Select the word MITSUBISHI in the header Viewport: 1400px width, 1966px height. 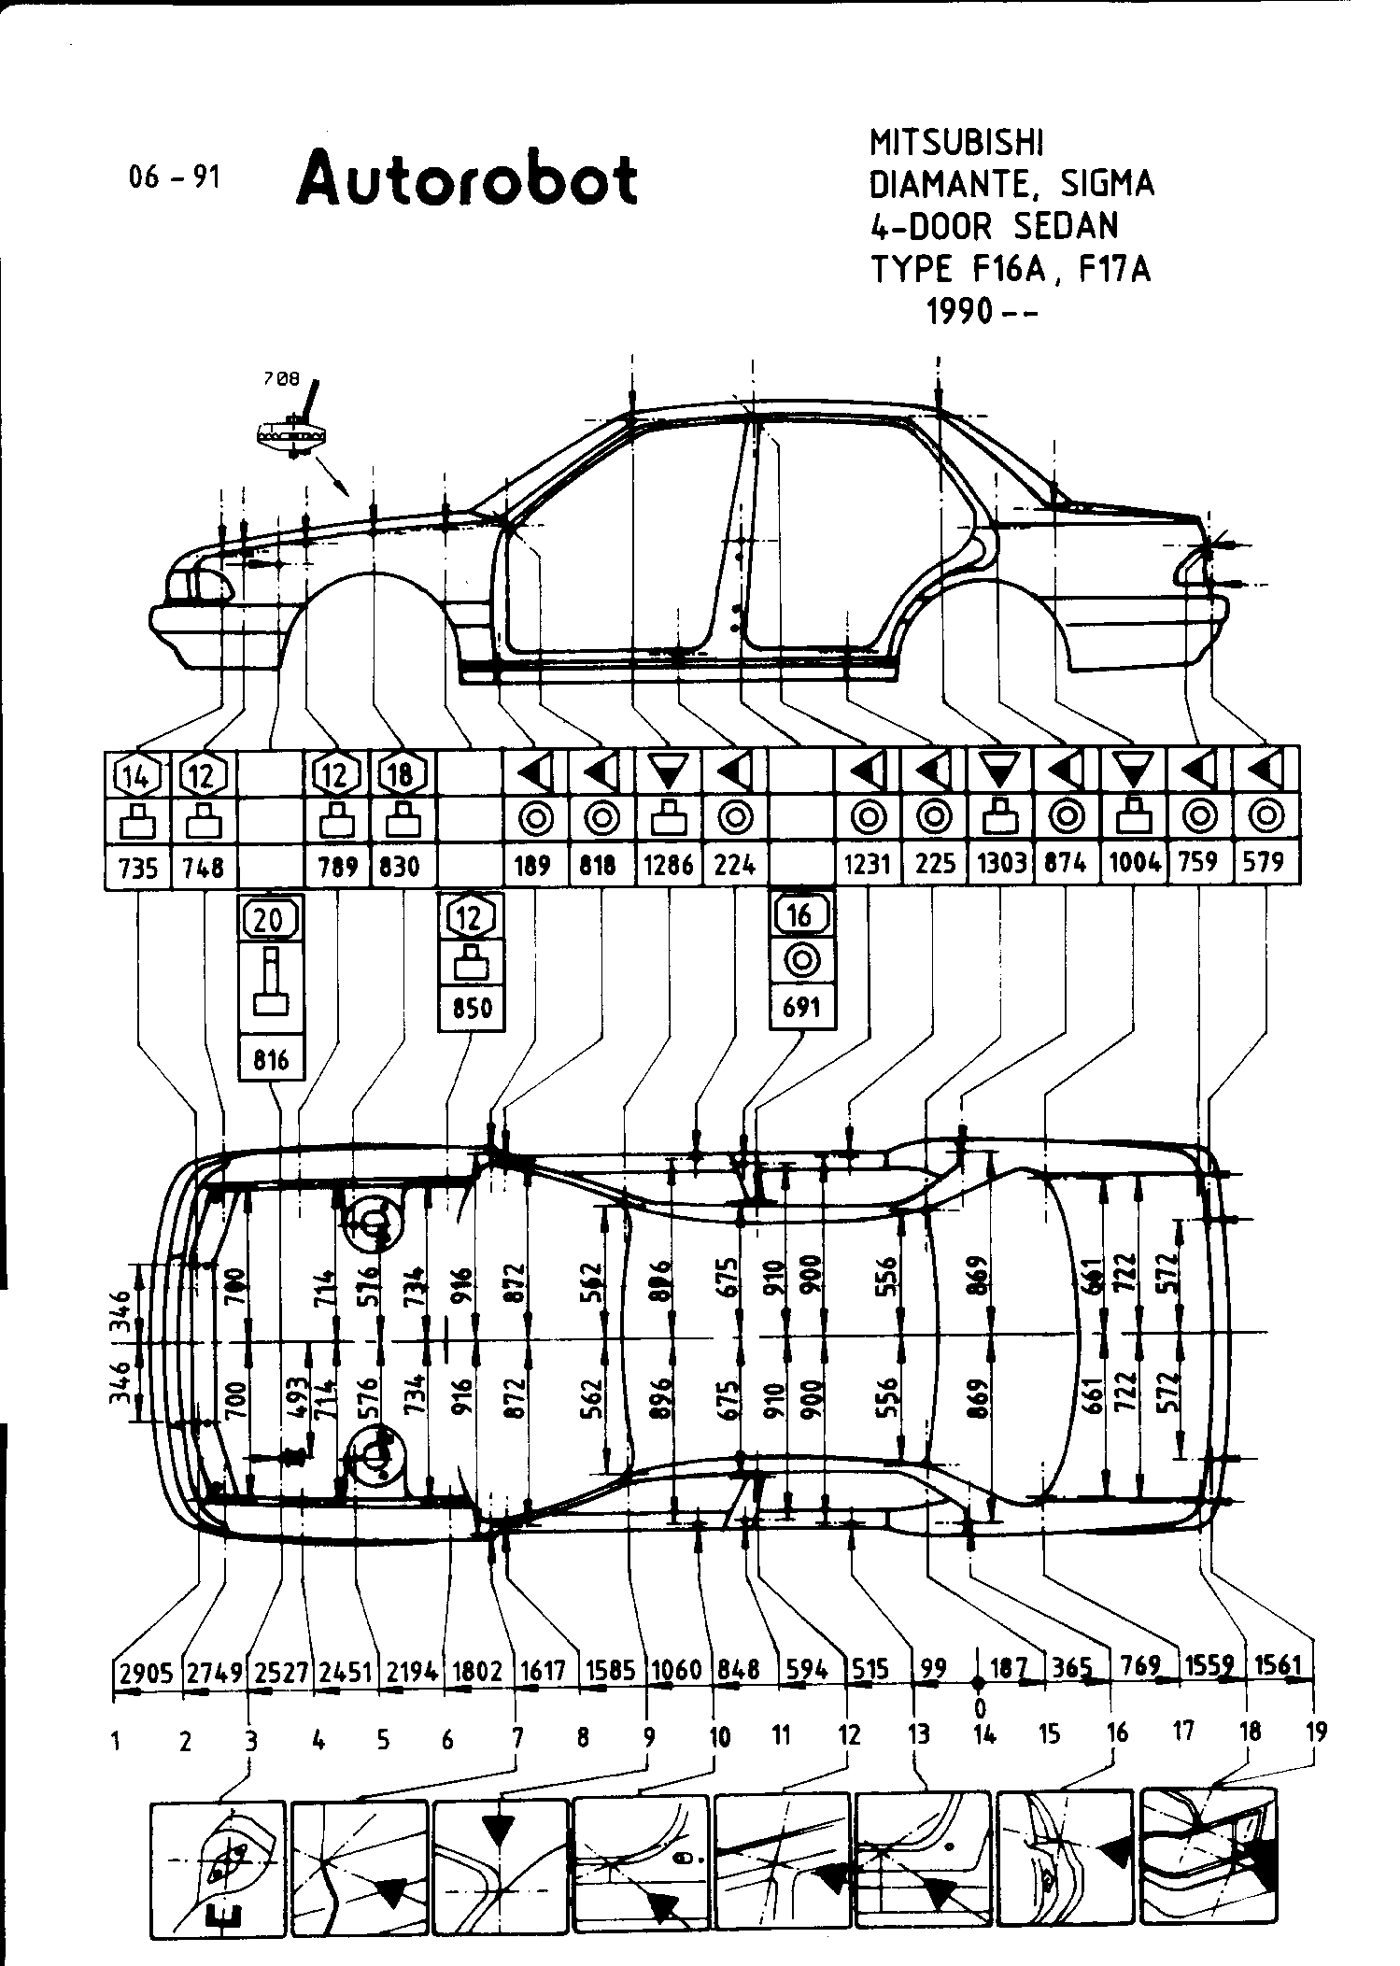click(x=956, y=143)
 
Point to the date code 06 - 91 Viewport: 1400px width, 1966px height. click(x=175, y=177)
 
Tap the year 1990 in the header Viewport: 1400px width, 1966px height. click(x=959, y=311)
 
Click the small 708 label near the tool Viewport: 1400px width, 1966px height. click(x=283, y=379)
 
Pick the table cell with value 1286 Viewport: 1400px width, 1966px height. click(x=669, y=866)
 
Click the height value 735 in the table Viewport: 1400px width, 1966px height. click(x=137, y=868)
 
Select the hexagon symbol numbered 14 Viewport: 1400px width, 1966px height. click(x=137, y=774)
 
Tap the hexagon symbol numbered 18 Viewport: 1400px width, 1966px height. click(x=403, y=774)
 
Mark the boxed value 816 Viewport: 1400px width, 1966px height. click(x=271, y=1059)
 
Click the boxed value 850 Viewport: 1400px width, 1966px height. click(x=471, y=1009)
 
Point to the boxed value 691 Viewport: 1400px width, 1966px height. click(x=801, y=1007)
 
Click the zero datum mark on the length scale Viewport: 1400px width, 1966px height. click(x=979, y=1682)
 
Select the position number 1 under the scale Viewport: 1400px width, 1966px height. click(x=117, y=1741)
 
